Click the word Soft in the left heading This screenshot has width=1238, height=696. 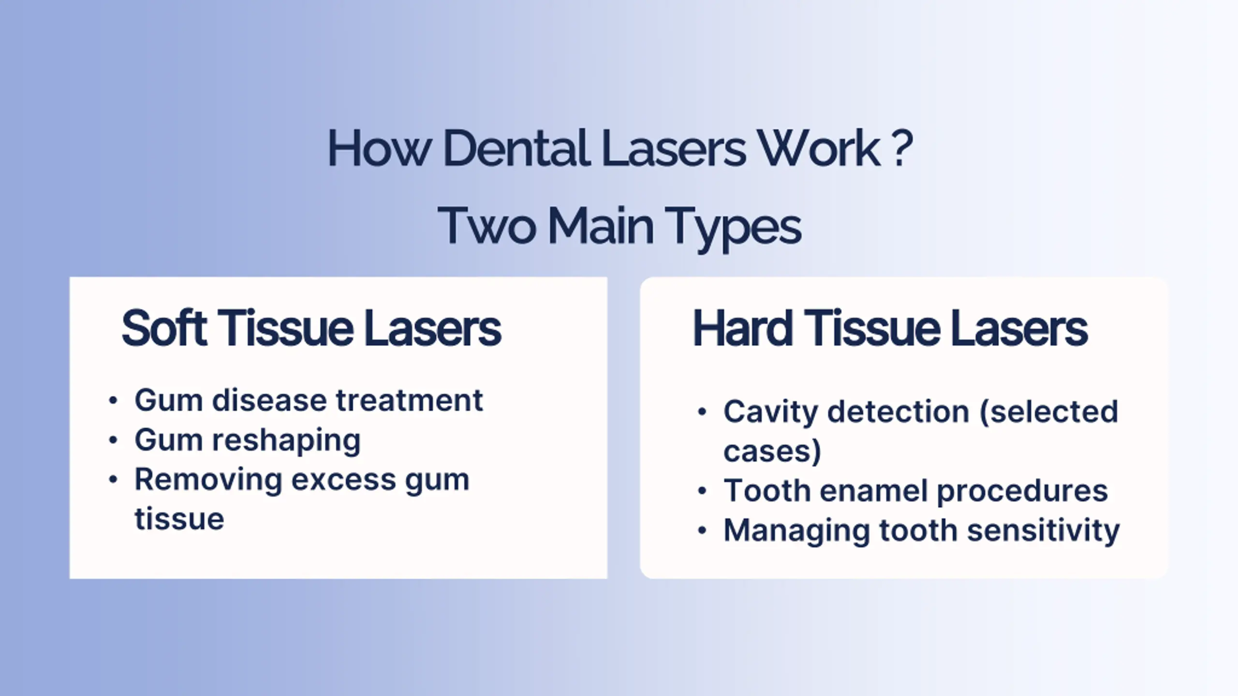(164, 328)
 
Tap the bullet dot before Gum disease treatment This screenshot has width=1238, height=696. (113, 401)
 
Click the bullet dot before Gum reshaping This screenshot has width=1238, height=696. (113, 440)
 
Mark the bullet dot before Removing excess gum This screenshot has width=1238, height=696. (113, 480)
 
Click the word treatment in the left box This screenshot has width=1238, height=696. (409, 401)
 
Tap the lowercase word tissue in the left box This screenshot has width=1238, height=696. (179, 519)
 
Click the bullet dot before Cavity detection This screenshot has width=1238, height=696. (702, 412)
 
